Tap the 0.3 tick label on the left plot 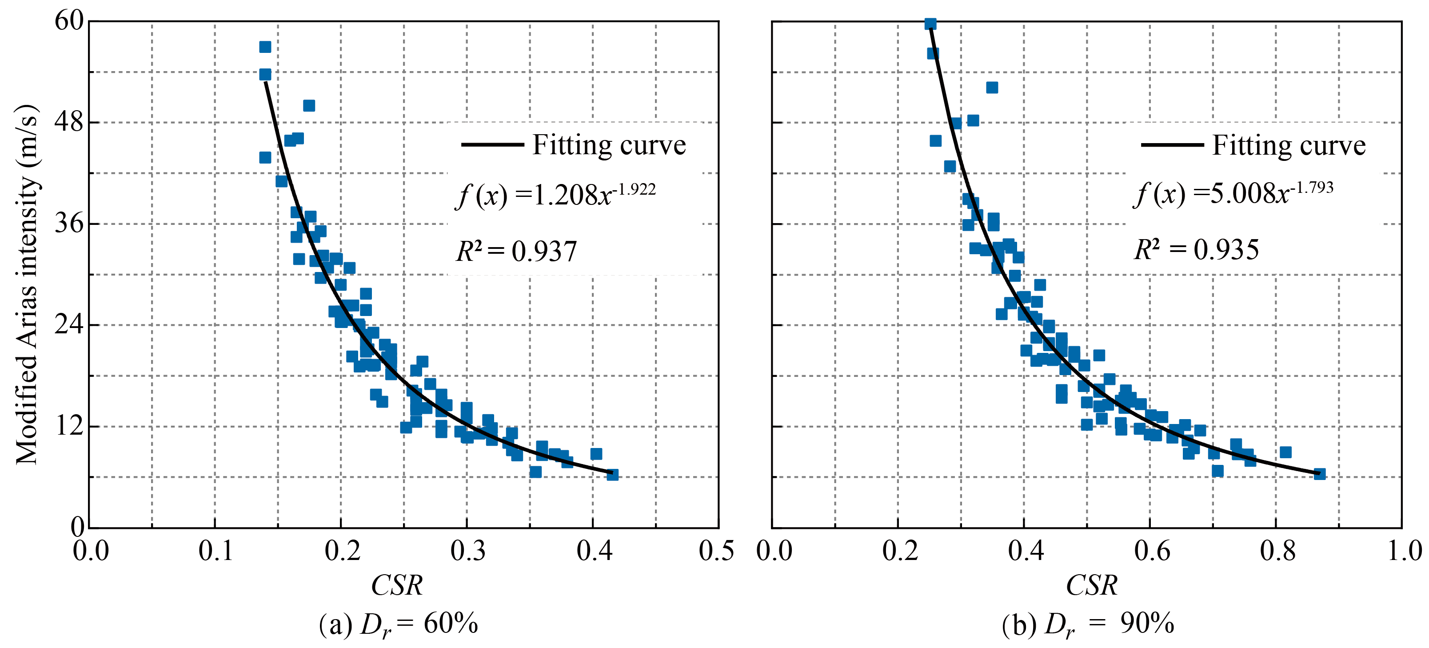(x=467, y=551)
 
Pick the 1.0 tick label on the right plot (x=1404, y=551)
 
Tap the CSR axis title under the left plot (x=397, y=585)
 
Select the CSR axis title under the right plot (x=1091, y=585)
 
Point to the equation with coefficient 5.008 (x=1233, y=193)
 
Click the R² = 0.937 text (x=516, y=251)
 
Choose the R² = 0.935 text (x=1196, y=250)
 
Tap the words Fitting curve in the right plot (x=1288, y=145)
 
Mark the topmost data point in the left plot (x=265, y=47)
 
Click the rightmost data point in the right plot (x=1320, y=474)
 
